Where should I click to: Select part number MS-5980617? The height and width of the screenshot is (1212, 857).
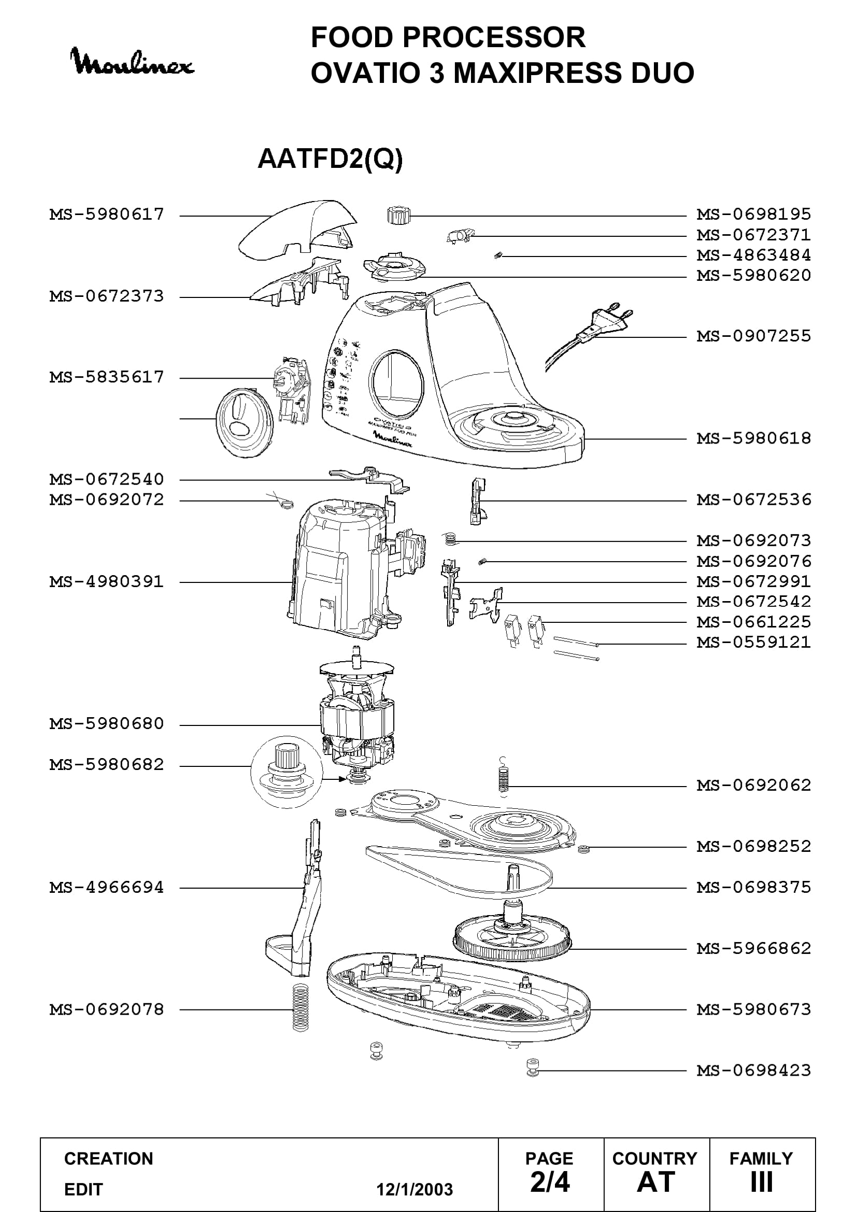click(107, 215)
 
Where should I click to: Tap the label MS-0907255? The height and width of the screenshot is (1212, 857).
click(753, 336)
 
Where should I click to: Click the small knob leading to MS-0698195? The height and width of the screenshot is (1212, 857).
click(397, 216)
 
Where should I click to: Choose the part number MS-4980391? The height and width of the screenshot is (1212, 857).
click(107, 582)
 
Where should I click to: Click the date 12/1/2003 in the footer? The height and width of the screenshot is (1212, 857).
click(415, 1189)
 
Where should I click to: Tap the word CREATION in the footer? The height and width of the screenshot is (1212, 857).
click(109, 1159)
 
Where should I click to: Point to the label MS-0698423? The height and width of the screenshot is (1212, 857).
click(753, 1071)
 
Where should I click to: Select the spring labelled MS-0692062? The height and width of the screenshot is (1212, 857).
click(504, 777)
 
